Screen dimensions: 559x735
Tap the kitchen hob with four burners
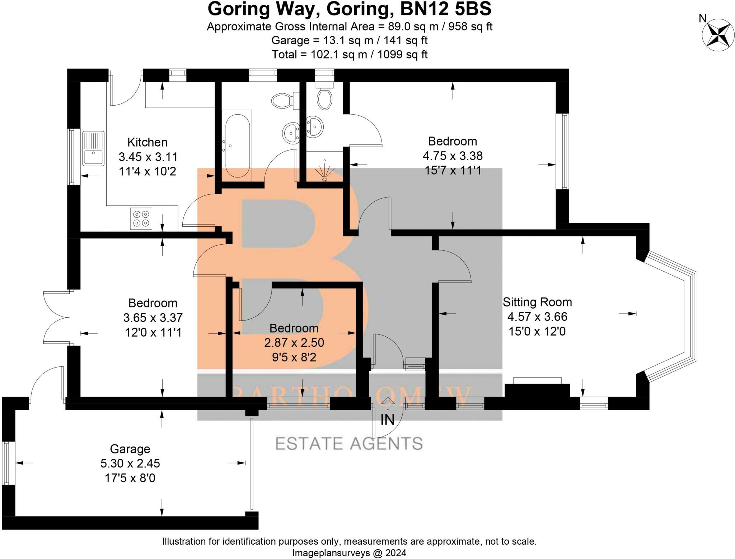pyautogui.click(x=141, y=218)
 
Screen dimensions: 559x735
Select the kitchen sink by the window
pyautogui.click(x=93, y=148)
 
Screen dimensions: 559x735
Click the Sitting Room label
pyautogui.click(x=537, y=302)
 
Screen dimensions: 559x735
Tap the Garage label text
pyautogui.click(x=130, y=449)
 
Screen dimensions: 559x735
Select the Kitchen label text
pyautogui.click(x=148, y=142)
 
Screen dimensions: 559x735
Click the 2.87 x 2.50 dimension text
pyautogui.click(x=294, y=342)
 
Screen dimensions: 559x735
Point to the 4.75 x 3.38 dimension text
pyautogui.click(x=452, y=156)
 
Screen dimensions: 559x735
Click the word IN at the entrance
pyautogui.click(x=387, y=420)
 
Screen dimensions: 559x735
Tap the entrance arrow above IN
pyautogui.click(x=387, y=403)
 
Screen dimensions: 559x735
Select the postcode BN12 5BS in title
pyautogui.click(x=445, y=9)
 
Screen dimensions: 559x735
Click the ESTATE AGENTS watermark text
pyautogui.click(x=349, y=444)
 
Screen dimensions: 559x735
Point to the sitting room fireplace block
pyautogui.click(x=537, y=391)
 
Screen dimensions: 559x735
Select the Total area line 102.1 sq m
pyautogui.click(x=349, y=55)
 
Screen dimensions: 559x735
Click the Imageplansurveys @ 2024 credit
pyautogui.click(x=349, y=553)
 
